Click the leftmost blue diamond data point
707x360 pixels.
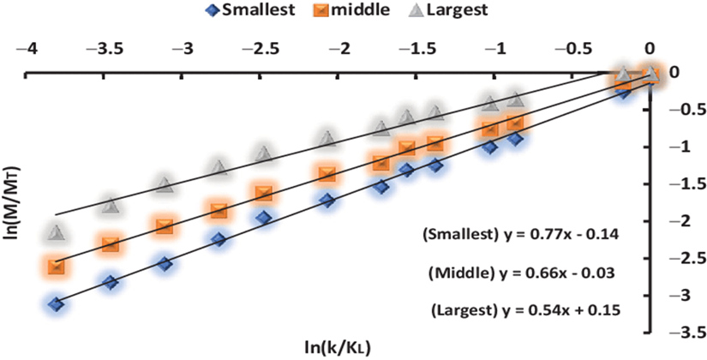pos(57,303)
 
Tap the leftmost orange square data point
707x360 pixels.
pos(57,267)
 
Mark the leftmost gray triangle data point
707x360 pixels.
pos(57,232)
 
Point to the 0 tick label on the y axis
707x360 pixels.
pos(675,72)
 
